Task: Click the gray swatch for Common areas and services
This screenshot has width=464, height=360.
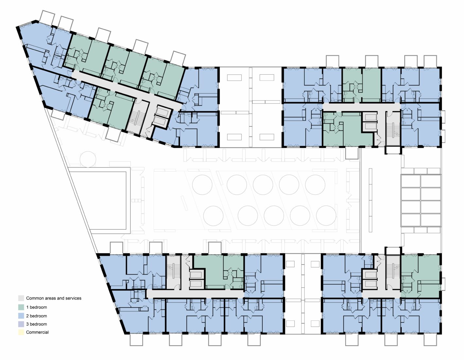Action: tap(21, 298)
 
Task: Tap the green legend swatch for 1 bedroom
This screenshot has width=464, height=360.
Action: tap(21, 307)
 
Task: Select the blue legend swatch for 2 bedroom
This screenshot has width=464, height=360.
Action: tap(21, 316)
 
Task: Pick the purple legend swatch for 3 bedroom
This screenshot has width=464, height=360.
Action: tap(21, 324)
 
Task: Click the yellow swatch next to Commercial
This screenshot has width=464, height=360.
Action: tap(21, 332)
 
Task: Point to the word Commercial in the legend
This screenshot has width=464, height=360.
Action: tap(37, 332)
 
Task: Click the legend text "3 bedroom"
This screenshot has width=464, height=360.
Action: tap(37, 324)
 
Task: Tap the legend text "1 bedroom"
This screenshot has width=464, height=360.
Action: tap(37, 307)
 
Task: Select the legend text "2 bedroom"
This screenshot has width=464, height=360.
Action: tap(37, 316)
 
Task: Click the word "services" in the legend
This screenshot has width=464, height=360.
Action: tap(73, 298)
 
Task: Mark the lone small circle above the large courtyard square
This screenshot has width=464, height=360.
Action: tap(88, 159)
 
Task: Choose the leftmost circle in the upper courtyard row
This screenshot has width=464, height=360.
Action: tap(202, 185)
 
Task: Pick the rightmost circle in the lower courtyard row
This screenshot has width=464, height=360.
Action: tap(326, 216)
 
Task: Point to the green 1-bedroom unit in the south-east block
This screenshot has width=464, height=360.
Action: tap(420, 276)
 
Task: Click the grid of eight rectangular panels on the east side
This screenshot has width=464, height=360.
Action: tap(421, 201)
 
